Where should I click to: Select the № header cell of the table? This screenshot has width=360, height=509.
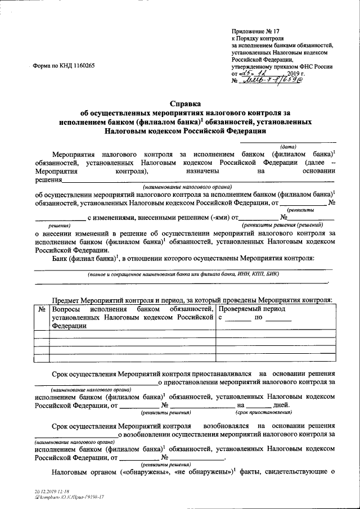pos(42,309)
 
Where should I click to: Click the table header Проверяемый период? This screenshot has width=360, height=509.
pos(251,309)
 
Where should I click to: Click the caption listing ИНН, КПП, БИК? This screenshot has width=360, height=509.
pos(182,274)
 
